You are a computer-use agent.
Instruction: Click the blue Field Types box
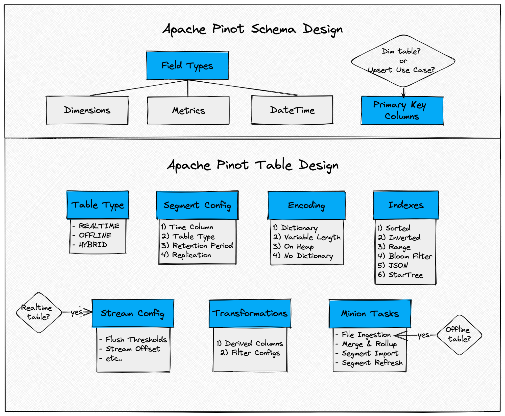(x=187, y=66)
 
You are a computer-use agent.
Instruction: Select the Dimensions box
(x=87, y=110)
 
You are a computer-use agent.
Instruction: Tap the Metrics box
(x=188, y=110)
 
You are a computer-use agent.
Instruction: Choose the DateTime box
(x=292, y=110)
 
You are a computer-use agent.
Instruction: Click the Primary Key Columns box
(x=402, y=110)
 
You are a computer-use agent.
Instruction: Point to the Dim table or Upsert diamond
(x=403, y=61)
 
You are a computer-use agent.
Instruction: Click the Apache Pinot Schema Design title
(x=252, y=29)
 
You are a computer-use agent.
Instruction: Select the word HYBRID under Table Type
(x=93, y=245)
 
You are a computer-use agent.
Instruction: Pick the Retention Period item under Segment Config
(x=202, y=246)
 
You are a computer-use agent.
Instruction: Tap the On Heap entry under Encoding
(x=299, y=246)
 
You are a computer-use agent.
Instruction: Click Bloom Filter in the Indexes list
(x=410, y=256)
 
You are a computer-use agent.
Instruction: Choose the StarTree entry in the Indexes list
(x=405, y=275)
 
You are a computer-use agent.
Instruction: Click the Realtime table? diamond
(x=39, y=312)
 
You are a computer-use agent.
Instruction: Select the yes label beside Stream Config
(x=77, y=312)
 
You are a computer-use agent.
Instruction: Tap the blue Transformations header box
(x=250, y=313)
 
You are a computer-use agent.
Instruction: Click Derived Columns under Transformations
(x=254, y=343)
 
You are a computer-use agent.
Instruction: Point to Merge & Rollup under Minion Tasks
(x=369, y=344)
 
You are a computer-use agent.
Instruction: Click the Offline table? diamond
(x=459, y=334)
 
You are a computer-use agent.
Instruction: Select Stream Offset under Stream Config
(x=133, y=349)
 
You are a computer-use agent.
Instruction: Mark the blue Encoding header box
(x=306, y=205)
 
